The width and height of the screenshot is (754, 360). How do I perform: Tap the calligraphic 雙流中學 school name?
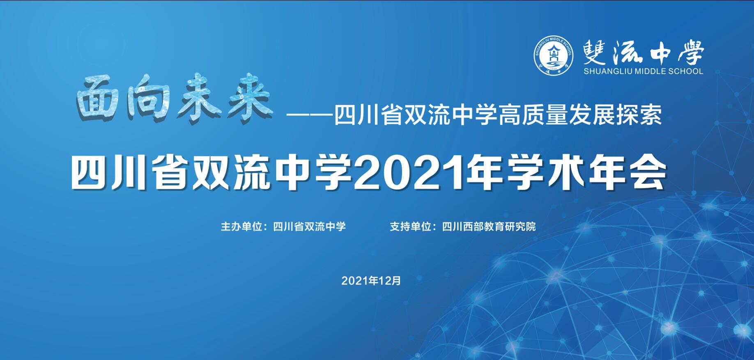tap(644, 52)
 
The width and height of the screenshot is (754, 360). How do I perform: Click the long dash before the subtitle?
tap(310, 115)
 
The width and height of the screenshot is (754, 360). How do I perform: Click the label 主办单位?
tap(241, 227)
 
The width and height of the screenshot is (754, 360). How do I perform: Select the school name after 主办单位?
tap(309, 227)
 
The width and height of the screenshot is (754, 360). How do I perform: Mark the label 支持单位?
tap(410, 227)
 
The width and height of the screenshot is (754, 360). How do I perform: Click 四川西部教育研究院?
tap(489, 227)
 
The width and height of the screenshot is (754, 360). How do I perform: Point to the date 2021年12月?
tap(371, 281)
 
